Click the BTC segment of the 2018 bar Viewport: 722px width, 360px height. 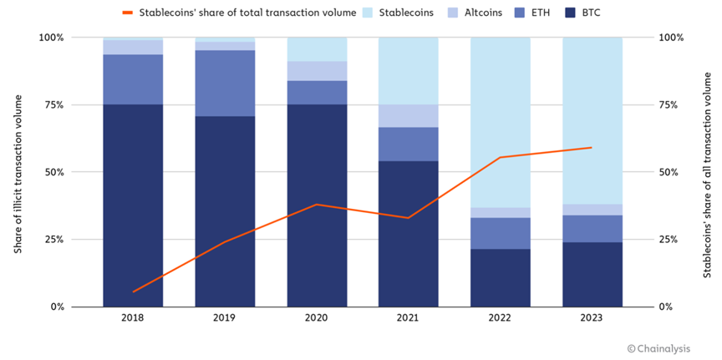pos(133,205)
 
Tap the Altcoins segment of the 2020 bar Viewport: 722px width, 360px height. pos(317,71)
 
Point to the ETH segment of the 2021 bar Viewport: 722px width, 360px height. pos(409,144)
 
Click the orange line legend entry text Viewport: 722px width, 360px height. pos(238,13)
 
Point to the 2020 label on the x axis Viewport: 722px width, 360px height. pos(317,318)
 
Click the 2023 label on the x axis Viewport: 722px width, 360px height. pos(592,318)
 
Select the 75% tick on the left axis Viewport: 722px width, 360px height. pos(52,105)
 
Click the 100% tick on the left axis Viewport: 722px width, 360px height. pos(50,38)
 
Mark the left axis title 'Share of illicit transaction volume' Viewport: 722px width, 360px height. pos(18,172)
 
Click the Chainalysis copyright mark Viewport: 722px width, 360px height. pos(666,347)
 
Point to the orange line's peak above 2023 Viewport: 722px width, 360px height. pos(592,148)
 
